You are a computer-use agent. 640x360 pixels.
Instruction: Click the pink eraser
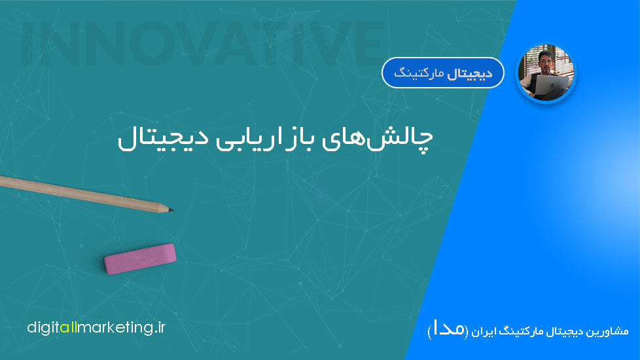pyautogui.click(x=140, y=259)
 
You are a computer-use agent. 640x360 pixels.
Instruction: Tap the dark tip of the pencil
pyautogui.click(x=171, y=210)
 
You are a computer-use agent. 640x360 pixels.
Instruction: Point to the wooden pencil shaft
pyautogui.click(x=82, y=194)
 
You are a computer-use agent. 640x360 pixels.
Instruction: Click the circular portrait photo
pyautogui.click(x=546, y=73)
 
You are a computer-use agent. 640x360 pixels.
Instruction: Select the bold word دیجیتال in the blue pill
pyautogui.click(x=469, y=74)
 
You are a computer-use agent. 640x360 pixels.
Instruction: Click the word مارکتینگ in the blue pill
pyautogui.click(x=419, y=74)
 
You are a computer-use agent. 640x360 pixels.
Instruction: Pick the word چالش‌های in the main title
pyautogui.click(x=377, y=139)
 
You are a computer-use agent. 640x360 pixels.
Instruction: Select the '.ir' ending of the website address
pyautogui.click(x=160, y=327)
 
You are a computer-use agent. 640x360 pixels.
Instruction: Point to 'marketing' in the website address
pyautogui.click(x=115, y=328)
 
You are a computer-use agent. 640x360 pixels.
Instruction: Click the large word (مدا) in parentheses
pyautogui.click(x=448, y=330)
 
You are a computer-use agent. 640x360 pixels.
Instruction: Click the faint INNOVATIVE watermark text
pyautogui.click(x=203, y=43)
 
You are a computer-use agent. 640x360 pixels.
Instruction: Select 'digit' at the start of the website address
pyautogui.click(x=43, y=328)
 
